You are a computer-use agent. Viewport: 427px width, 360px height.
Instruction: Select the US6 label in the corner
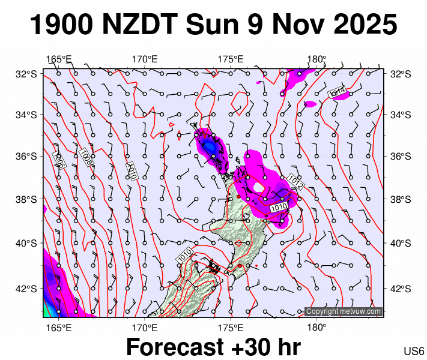414,351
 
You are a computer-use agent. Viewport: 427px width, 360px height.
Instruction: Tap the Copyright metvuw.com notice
344,311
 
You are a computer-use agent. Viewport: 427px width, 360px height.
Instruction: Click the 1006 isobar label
59,160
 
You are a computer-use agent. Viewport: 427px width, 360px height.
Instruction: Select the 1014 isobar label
337,91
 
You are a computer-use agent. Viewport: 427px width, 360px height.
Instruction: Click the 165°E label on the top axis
59,59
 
